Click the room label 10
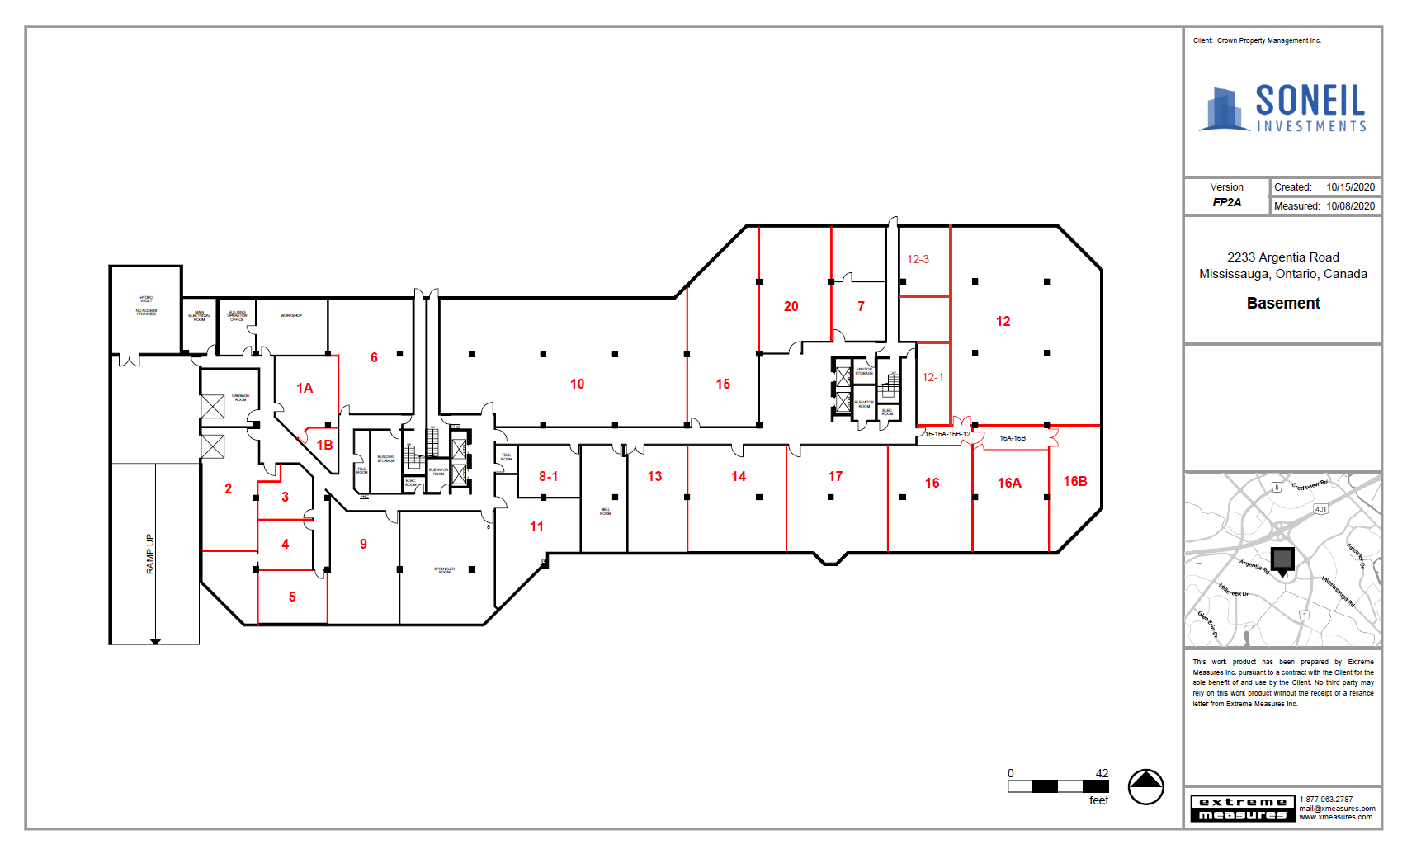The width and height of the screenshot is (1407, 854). coord(577,385)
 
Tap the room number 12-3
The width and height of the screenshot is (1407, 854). coord(918,259)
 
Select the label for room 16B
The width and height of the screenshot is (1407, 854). coord(1074,482)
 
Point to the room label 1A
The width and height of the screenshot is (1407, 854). coord(305,389)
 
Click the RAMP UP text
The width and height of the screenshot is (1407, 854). coord(150,554)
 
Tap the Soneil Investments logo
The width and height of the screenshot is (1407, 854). coord(1282,108)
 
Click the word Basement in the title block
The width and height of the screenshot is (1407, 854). coord(1282,304)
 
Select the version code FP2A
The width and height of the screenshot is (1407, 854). coord(1226,202)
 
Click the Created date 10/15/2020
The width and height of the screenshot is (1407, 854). coord(1350,187)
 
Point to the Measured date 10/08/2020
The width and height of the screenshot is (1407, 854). coord(1350,206)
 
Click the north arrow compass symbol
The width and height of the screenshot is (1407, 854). coord(1145,787)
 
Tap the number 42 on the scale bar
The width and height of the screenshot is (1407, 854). coord(1102,773)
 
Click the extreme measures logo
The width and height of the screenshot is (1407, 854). coord(1243,809)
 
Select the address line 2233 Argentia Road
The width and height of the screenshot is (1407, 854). coord(1282,257)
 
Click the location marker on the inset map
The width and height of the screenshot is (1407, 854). coord(1282,561)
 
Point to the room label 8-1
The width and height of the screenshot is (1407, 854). coord(548,477)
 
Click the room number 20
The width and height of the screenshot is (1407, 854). coord(791,307)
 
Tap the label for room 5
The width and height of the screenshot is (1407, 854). coord(292,597)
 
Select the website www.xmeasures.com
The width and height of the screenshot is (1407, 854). coord(1335,818)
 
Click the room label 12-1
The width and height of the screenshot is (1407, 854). coord(932,378)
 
